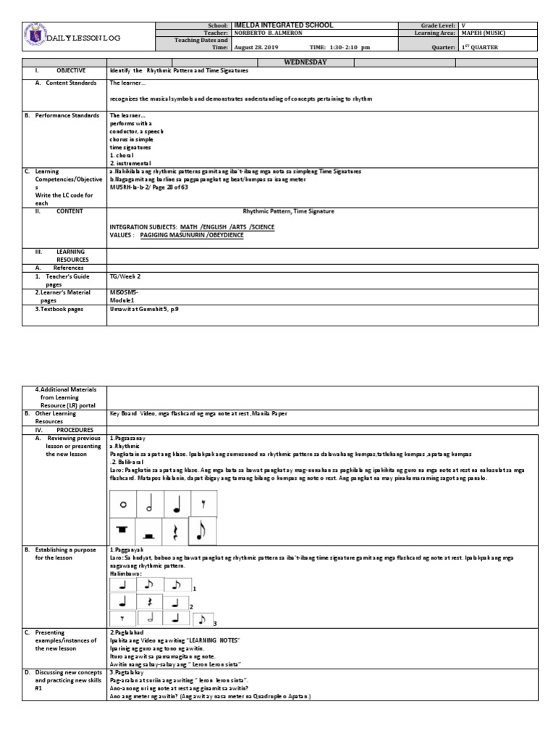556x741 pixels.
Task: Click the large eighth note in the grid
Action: (x=202, y=531)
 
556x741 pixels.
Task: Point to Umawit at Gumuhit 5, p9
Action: (x=144, y=308)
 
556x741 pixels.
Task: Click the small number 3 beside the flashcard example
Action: (x=215, y=623)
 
